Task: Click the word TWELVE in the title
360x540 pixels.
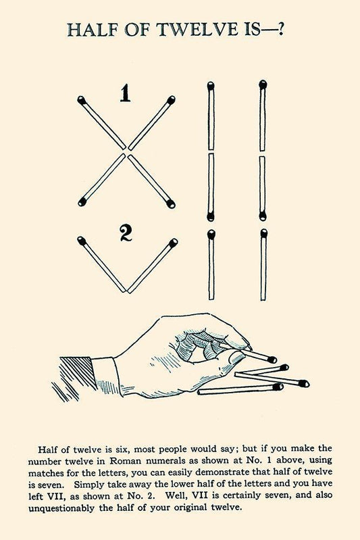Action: tap(197, 29)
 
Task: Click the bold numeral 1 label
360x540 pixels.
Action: tap(125, 93)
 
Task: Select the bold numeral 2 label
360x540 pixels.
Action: tap(126, 232)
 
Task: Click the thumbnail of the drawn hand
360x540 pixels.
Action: tap(236, 358)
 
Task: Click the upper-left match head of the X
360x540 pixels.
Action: tap(82, 100)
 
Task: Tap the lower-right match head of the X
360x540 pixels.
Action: tap(170, 203)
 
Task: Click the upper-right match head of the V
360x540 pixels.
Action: tap(174, 243)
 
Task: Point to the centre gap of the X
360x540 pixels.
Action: tap(126, 151)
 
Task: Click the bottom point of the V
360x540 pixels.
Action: tap(126, 292)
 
